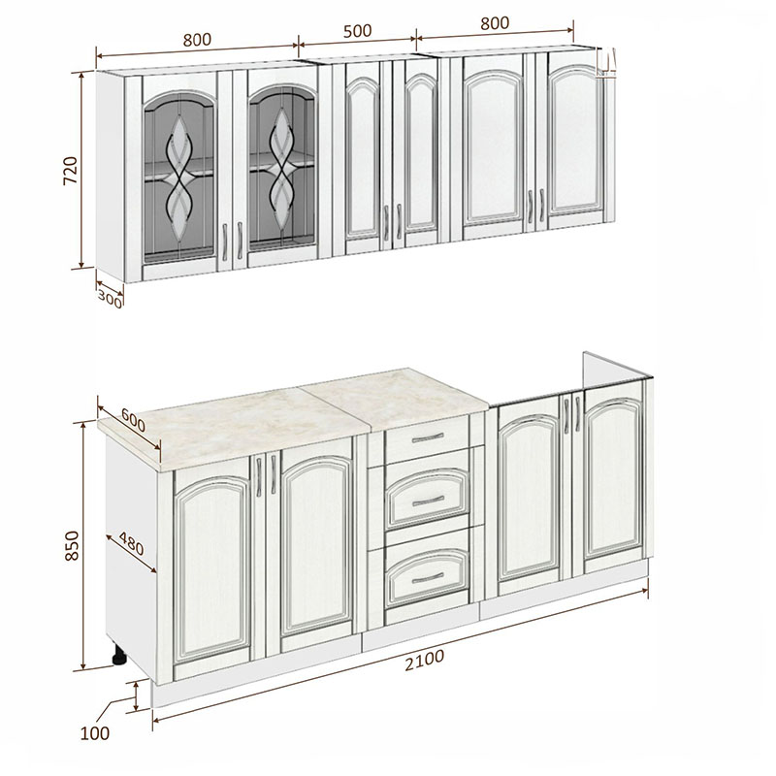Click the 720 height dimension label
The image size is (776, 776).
pos(71,171)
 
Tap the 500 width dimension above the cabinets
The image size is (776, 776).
pos(357,31)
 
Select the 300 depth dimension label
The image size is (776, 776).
pos(110,299)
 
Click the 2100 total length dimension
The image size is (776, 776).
pos(425,661)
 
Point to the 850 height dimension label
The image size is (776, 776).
pos(72,545)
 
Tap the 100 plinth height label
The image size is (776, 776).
pos(94,733)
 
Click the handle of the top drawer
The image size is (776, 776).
pos(428,438)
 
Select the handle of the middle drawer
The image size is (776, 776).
pos(428,501)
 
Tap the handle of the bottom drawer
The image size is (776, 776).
pos(428,577)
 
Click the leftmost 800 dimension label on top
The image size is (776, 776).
pos(197,40)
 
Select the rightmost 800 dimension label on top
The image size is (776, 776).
pos(495,23)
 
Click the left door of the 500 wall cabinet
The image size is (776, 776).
pos(363,157)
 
